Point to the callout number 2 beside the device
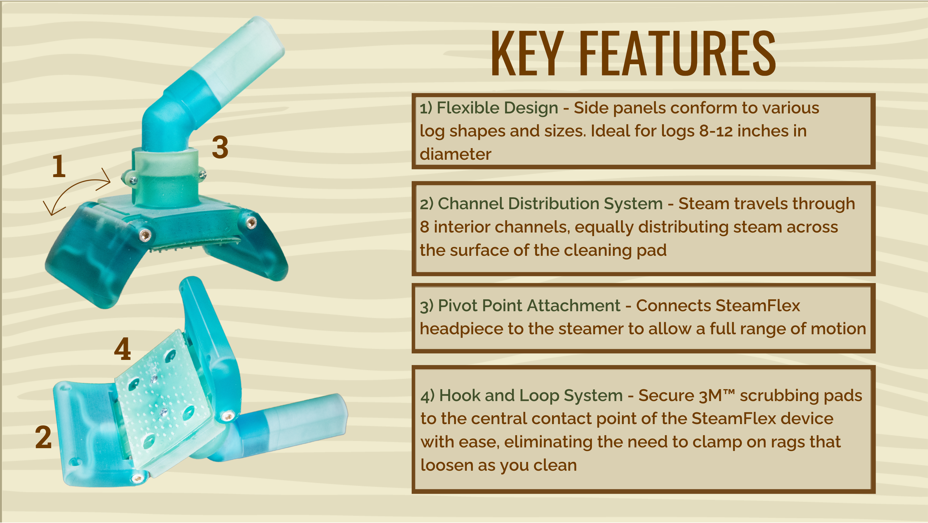click(43, 437)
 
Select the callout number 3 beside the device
click(220, 147)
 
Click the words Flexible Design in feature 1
click(497, 108)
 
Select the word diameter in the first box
click(455, 154)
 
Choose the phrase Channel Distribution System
click(550, 204)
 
